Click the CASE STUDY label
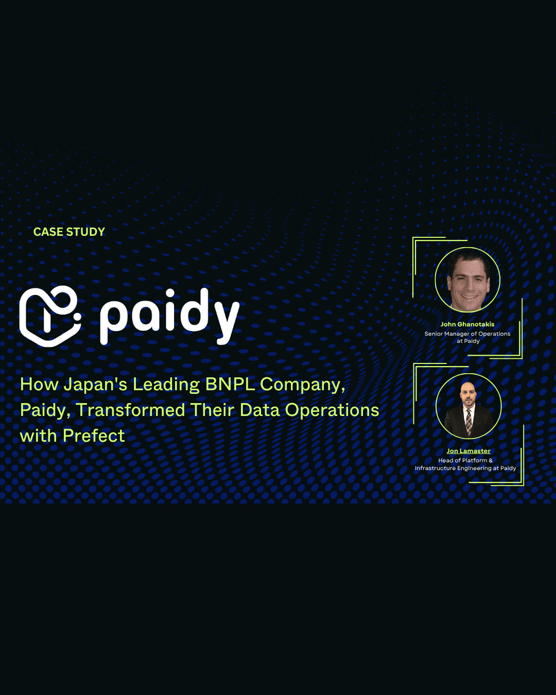[x=69, y=232]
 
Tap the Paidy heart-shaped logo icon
[x=49, y=316]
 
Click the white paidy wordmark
[x=169, y=315]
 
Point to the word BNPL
[x=230, y=385]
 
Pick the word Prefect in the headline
[x=94, y=436]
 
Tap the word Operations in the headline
[x=332, y=410]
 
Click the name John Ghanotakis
[x=467, y=324]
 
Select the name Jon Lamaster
[x=468, y=451]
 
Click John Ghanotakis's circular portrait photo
[x=467, y=280]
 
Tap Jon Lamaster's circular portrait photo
[x=468, y=406]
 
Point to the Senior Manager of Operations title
[x=467, y=334]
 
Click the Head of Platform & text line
[x=465, y=460]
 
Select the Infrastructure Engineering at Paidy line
[x=465, y=468]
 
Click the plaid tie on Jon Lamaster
[x=468, y=421]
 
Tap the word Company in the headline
[x=302, y=385]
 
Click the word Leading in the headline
[x=166, y=385]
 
